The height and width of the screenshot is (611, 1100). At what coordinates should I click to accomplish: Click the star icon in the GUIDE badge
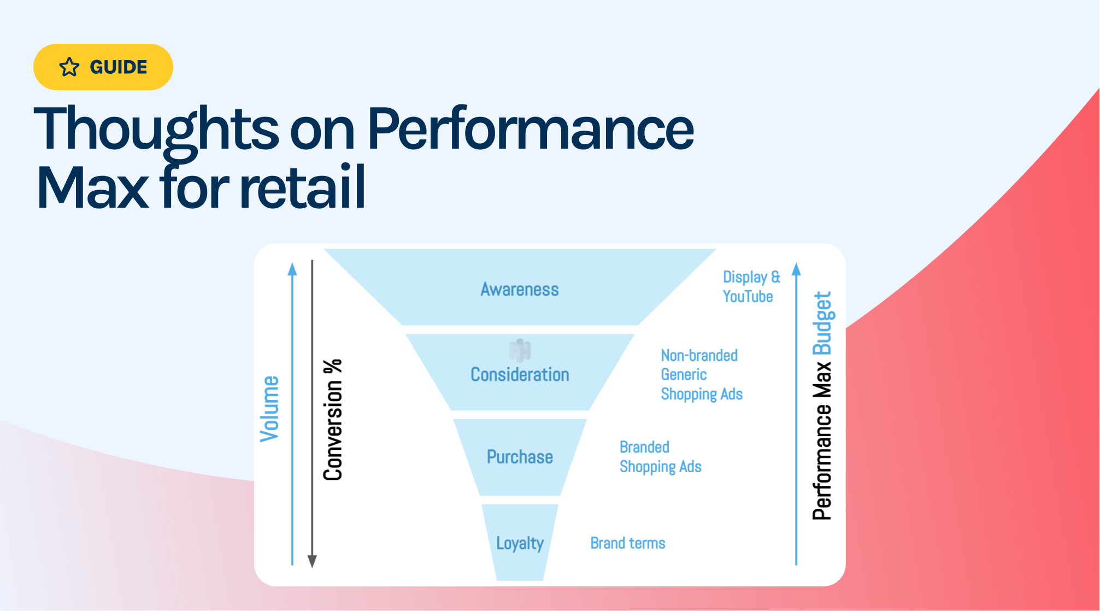(x=69, y=67)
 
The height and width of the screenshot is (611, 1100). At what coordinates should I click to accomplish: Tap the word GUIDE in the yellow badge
(x=118, y=67)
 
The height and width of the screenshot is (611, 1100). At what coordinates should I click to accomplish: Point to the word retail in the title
(x=302, y=187)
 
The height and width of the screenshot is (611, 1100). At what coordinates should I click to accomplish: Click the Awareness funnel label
(x=519, y=289)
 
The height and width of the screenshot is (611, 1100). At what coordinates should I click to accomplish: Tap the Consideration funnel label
(x=520, y=374)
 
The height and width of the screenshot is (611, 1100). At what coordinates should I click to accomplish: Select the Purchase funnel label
(x=520, y=457)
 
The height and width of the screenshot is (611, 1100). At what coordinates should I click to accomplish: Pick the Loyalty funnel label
(x=520, y=543)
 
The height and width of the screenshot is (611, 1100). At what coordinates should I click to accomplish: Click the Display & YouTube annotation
(x=751, y=286)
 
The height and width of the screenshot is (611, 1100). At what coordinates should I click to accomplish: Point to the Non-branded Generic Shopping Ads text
(x=701, y=374)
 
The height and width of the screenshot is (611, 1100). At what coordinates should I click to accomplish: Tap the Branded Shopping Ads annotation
(x=660, y=457)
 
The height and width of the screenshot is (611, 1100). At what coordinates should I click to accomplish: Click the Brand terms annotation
(x=627, y=543)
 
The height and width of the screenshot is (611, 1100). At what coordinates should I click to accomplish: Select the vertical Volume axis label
(x=269, y=409)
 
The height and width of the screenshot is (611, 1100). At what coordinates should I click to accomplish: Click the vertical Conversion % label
(x=333, y=420)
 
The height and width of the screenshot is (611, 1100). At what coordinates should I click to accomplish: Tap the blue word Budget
(x=822, y=323)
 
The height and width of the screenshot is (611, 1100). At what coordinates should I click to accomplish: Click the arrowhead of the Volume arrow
(x=292, y=269)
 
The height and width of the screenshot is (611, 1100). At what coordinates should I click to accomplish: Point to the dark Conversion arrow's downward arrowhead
(x=312, y=561)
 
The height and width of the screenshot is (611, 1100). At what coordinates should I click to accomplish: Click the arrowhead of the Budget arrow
(x=796, y=269)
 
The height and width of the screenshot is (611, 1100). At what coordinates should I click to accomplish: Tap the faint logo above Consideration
(x=520, y=350)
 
